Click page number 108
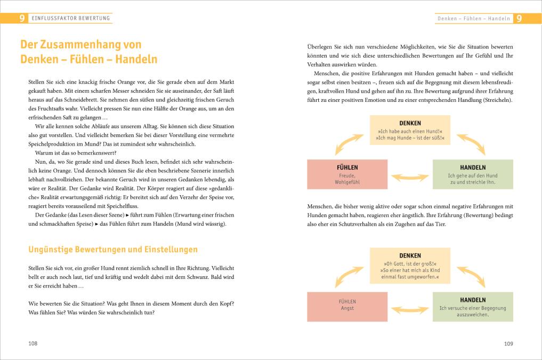tap(33, 344)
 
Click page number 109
tap(508, 344)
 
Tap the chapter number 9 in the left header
tap(22, 19)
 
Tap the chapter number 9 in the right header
tap(519, 19)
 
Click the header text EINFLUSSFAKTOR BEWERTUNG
tap(71, 19)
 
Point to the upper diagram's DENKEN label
tap(410, 123)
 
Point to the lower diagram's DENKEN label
tap(410, 255)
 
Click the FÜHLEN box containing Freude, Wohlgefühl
tap(347, 174)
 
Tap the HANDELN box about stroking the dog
tap(473, 174)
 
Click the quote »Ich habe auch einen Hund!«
tap(410, 131)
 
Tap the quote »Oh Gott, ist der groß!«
tap(410, 263)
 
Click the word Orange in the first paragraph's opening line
tap(119, 82)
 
